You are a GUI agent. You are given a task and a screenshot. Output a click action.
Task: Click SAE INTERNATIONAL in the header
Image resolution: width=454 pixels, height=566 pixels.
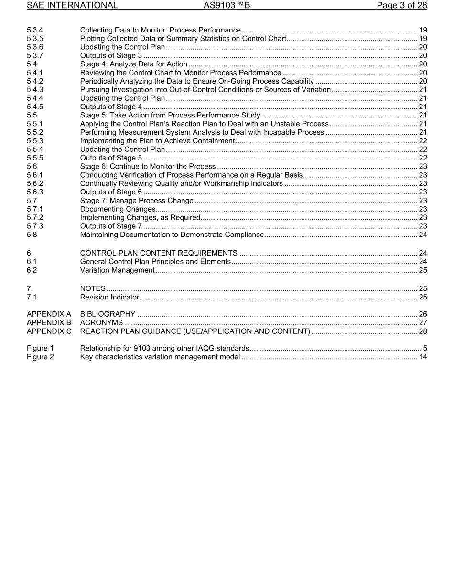[x=72, y=6]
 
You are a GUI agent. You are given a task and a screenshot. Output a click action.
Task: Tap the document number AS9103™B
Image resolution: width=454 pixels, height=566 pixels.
[x=227, y=6]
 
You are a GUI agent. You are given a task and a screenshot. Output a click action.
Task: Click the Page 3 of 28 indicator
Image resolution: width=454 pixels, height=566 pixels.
[x=401, y=6]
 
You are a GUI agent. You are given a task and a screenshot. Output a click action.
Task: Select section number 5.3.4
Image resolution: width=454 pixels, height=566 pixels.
[x=35, y=30]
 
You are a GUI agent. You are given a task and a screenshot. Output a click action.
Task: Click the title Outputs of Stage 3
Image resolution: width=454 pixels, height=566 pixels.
[x=111, y=56]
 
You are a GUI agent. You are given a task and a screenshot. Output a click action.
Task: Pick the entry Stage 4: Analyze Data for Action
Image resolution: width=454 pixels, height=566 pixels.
[x=134, y=64]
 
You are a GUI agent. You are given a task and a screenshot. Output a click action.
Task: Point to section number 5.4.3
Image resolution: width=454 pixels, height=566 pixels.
[x=35, y=90]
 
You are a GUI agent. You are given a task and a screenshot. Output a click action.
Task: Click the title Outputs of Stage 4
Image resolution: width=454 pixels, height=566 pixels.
[x=111, y=107]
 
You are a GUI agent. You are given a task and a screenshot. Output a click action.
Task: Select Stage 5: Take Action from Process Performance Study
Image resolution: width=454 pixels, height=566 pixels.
[x=170, y=116]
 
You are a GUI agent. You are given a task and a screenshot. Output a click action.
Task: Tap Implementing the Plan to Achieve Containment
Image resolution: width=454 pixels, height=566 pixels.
[x=157, y=141]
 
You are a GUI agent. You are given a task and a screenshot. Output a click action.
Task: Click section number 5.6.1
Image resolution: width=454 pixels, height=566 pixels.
[x=35, y=175]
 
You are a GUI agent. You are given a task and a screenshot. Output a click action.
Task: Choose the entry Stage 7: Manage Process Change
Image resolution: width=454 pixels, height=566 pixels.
[x=137, y=201]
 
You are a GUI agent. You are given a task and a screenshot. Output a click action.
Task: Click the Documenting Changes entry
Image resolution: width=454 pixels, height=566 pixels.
[x=118, y=209]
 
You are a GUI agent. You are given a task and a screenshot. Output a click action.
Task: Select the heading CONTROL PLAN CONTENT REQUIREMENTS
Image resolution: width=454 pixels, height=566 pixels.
[x=159, y=253]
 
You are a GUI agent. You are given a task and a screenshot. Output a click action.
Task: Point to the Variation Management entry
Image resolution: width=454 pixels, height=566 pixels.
[x=117, y=270]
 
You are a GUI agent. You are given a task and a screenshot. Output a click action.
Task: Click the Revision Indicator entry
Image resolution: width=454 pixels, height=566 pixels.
[x=109, y=298]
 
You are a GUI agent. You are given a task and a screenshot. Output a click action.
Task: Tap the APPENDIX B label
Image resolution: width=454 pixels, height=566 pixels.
[x=49, y=323]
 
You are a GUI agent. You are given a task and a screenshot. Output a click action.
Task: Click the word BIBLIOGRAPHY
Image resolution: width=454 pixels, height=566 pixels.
[x=108, y=314]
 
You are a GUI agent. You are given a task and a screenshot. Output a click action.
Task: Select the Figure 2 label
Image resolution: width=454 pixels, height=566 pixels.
[x=40, y=357]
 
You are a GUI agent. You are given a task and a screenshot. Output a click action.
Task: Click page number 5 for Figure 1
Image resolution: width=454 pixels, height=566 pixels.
[x=424, y=348]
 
